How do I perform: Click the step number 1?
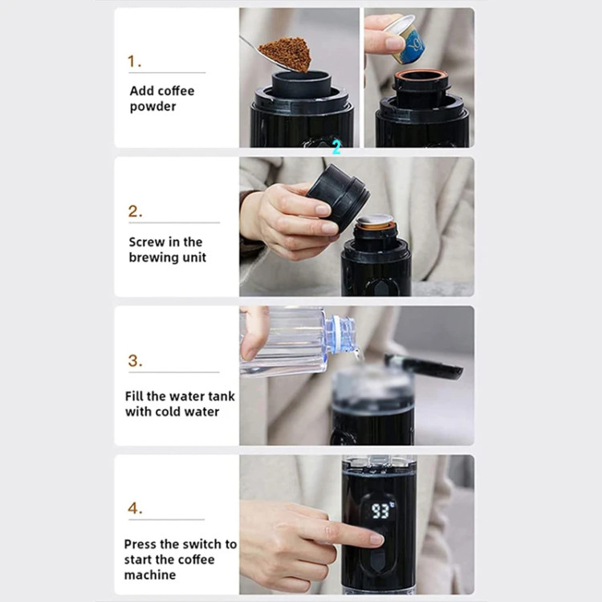(x=134, y=62)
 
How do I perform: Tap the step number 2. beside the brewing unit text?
(x=135, y=211)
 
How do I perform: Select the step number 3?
(x=135, y=360)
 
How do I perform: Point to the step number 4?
(x=135, y=508)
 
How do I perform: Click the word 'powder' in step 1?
(x=153, y=107)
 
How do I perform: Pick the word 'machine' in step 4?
(x=150, y=575)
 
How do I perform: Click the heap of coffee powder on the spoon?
(x=286, y=53)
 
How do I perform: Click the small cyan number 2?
(x=336, y=147)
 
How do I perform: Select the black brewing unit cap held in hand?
(x=338, y=197)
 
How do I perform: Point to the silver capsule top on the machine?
(x=375, y=219)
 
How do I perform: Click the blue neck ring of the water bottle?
(x=341, y=333)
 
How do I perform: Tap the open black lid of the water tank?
(x=424, y=366)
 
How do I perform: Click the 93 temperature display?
(x=380, y=511)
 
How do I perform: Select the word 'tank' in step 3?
(x=221, y=396)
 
